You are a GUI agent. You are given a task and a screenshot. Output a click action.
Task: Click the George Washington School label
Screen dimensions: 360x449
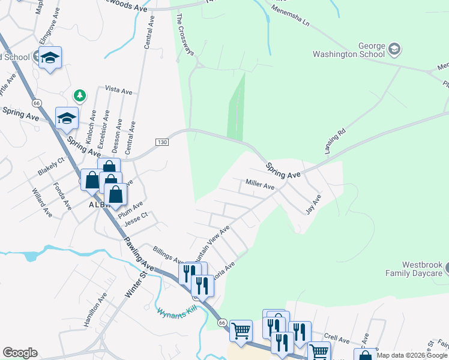pyautogui.click(x=349, y=50)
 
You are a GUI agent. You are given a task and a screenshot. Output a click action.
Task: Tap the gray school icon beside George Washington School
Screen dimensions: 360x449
pyautogui.click(x=394, y=49)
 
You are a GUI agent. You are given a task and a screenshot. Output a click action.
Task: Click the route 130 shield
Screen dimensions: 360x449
pyautogui.click(x=161, y=142)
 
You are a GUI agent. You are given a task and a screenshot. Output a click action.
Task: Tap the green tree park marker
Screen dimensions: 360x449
pyautogui.click(x=79, y=95)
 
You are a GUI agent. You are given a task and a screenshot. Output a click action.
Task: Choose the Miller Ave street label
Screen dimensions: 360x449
pyautogui.click(x=260, y=186)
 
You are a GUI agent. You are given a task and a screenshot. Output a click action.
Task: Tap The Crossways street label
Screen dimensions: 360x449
pyautogui.click(x=185, y=33)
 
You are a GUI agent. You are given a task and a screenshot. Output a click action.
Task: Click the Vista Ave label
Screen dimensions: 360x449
pyautogui.click(x=118, y=89)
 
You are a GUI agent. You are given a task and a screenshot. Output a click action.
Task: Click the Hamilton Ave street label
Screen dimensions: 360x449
pyautogui.click(x=95, y=309)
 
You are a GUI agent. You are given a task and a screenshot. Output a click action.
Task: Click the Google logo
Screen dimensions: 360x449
pyautogui.click(x=20, y=353)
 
